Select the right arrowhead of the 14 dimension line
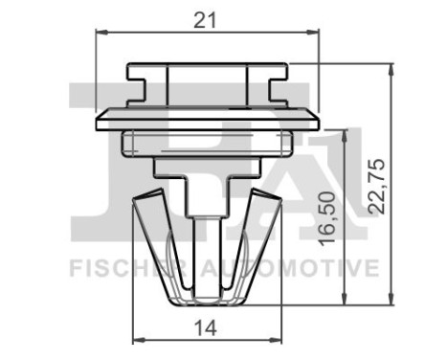279,341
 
